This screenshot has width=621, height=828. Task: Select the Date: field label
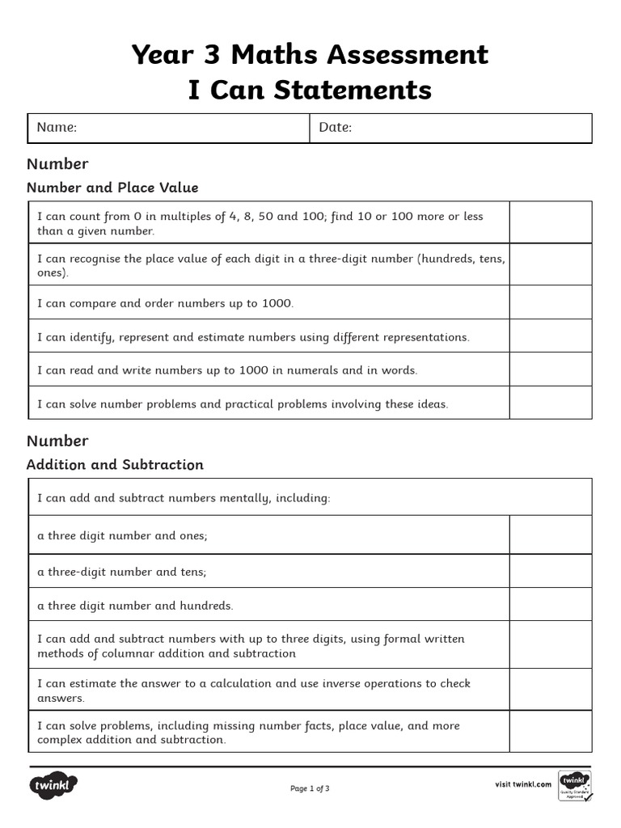point(336,128)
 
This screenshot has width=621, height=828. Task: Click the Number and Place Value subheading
point(112,188)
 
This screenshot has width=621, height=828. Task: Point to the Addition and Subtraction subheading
point(115,465)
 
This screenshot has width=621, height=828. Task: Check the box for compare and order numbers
point(550,303)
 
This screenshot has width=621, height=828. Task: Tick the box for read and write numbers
point(550,370)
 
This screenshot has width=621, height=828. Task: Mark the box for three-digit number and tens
point(550,571)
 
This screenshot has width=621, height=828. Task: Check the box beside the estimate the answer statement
point(550,690)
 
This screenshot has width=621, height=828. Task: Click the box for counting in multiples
point(550,222)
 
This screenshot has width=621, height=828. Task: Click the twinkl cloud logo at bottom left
point(53,785)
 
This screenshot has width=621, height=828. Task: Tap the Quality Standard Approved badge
point(575,785)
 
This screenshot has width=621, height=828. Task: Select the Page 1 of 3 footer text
point(310,788)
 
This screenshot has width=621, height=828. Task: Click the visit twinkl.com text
point(523,784)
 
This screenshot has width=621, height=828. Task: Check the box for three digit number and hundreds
point(550,605)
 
